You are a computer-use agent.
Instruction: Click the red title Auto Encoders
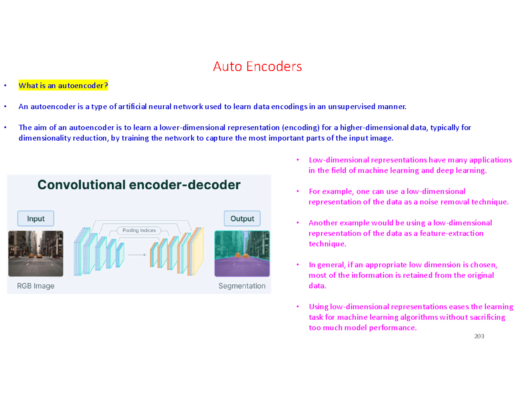click(x=257, y=67)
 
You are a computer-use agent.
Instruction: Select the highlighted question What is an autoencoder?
click(x=63, y=86)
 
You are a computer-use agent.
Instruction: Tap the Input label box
click(x=35, y=218)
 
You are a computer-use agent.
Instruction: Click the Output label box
click(x=242, y=218)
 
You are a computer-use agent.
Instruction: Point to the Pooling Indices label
click(x=139, y=230)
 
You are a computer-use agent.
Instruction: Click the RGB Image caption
click(x=36, y=287)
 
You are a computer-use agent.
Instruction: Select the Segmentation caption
click(x=241, y=287)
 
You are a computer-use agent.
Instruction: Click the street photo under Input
click(x=35, y=254)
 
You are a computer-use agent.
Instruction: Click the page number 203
click(x=479, y=337)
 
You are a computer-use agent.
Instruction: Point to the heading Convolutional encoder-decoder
click(x=139, y=185)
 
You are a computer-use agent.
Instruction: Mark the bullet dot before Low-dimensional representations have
click(x=297, y=160)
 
